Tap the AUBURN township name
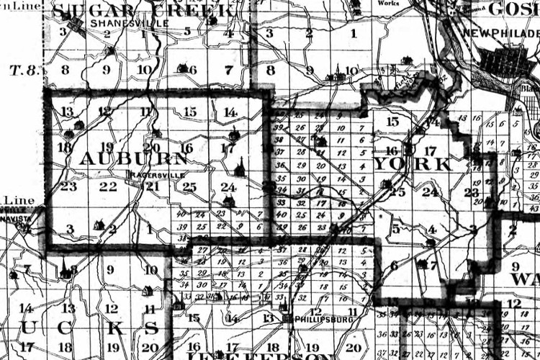click(x=125, y=158)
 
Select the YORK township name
click(x=413, y=164)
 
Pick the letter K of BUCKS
click(x=110, y=328)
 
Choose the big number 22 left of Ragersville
click(x=108, y=186)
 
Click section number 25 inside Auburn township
click(x=189, y=187)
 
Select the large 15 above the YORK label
click(x=392, y=122)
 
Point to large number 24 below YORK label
click(x=430, y=192)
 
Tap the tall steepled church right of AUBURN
click(x=240, y=168)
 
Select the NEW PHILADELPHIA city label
click(x=500, y=34)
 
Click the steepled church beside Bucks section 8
click(x=66, y=271)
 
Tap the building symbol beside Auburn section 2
click(x=99, y=225)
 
